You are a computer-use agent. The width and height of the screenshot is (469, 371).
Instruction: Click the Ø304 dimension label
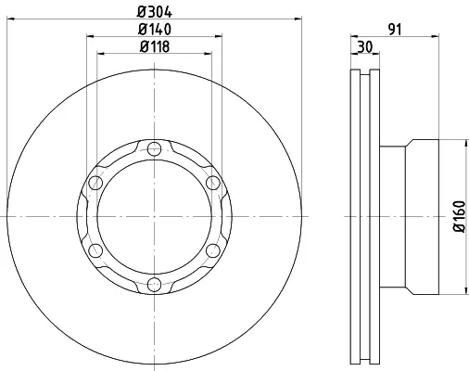(x=154, y=12)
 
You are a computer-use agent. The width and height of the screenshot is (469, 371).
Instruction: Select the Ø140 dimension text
(x=155, y=30)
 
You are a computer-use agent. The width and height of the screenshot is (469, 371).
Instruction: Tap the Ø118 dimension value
(x=155, y=46)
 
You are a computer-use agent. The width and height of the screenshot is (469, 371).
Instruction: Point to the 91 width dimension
(x=395, y=30)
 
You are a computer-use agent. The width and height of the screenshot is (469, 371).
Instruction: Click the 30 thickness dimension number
(x=365, y=47)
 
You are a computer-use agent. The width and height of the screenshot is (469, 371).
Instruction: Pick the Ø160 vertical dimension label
(x=460, y=216)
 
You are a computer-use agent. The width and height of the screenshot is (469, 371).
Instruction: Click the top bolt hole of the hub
(x=154, y=149)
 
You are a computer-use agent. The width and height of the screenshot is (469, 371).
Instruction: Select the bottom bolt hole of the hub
(x=154, y=285)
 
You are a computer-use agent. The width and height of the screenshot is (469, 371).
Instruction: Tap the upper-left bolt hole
(x=95, y=183)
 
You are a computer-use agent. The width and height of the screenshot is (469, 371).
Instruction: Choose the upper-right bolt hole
(x=213, y=183)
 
